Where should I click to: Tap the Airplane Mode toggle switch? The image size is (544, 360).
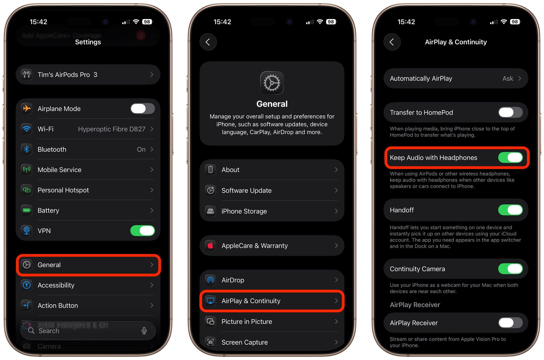[142, 109]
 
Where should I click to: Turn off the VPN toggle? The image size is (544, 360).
[142, 230]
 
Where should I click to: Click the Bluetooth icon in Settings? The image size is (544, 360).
[27, 149]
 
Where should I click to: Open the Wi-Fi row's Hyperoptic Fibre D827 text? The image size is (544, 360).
[112, 129]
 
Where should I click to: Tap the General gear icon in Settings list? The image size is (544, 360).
[27, 265]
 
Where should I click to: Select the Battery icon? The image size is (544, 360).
[27, 210]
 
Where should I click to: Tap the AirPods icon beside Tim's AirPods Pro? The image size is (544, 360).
[27, 74]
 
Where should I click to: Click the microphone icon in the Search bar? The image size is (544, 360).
[144, 330]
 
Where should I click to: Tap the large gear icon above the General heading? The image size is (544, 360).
[272, 83]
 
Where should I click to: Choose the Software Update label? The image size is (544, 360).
[247, 190]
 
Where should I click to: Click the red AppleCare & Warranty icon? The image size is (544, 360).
[210, 245]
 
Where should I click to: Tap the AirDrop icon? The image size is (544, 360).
[210, 280]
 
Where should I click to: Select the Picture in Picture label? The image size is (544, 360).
[247, 322]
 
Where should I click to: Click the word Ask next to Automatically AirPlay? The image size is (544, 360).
[508, 79]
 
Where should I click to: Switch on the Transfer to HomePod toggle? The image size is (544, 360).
[510, 113]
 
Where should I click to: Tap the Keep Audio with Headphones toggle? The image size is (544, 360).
[510, 158]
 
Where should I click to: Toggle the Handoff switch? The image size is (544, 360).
[510, 210]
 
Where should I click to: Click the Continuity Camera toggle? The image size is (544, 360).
[510, 269]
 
